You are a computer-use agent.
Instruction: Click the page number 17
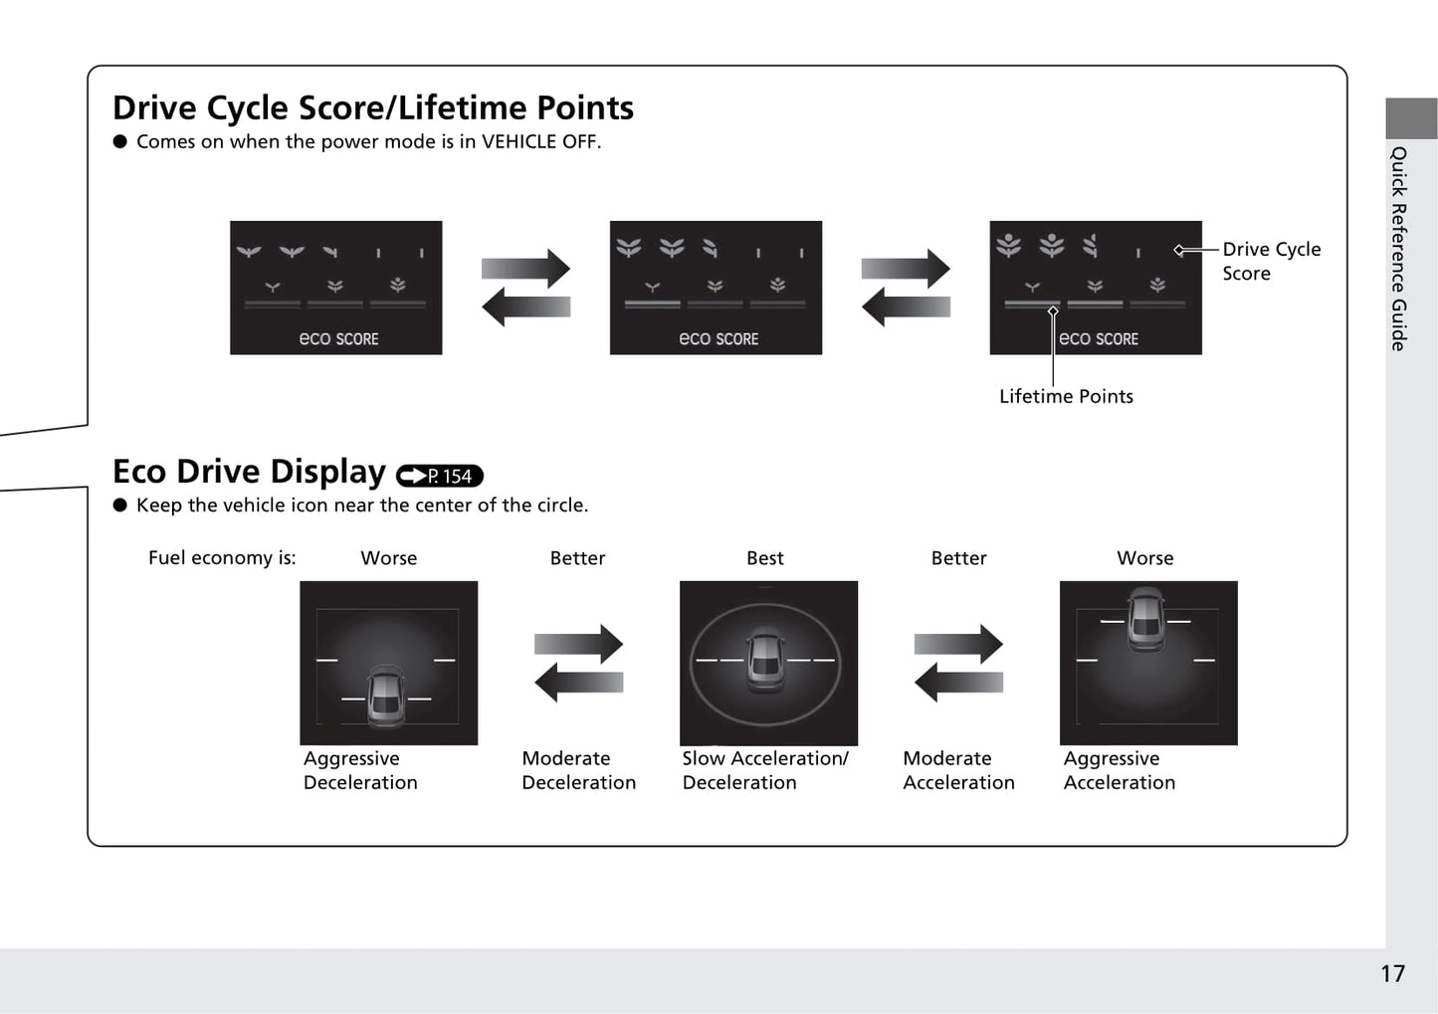pyautogui.click(x=1392, y=973)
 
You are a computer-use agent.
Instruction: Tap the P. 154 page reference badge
pyautogui.click(x=440, y=476)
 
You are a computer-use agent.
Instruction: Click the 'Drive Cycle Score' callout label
pyautogui.click(x=1271, y=261)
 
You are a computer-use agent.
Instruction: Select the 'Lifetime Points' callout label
pyautogui.click(x=1066, y=396)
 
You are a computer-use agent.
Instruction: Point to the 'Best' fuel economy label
pyautogui.click(x=764, y=557)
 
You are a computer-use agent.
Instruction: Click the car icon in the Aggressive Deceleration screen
pyautogui.click(x=386, y=697)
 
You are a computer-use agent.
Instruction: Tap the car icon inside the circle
pyautogui.click(x=766, y=660)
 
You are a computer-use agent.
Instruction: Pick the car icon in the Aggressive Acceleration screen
pyautogui.click(x=1145, y=619)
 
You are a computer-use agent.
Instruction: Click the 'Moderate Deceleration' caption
pyautogui.click(x=578, y=770)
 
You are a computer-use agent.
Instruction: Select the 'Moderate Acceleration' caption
pyautogui.click(x=958, y=770)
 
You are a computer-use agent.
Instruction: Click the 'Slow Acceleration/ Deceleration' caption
pyautogui.click(x=765, y=770)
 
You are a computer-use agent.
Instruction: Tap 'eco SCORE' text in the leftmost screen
pyautogui.click(x=339, y=338)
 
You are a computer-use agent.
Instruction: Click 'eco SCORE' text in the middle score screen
pyautogui.click(x=719, y=338)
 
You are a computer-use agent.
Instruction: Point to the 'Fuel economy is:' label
pyautogui.click(x=222, y=557)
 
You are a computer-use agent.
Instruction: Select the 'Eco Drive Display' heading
pyautogui.click(x=249, y=471)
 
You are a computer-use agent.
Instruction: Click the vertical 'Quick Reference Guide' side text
pyautogui.click(x=1398, y=249)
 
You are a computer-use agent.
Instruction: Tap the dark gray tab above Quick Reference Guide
pyautogui.click(x=1411, y=118)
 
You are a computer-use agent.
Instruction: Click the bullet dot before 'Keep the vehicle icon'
pyautogui.click(x=120, y=506)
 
